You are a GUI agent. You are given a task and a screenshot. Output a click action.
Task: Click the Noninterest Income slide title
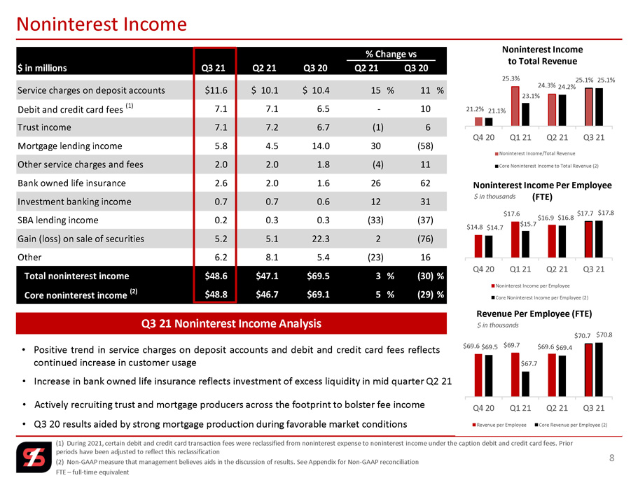point(102,24)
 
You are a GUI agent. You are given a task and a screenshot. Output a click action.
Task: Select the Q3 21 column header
point(213,68)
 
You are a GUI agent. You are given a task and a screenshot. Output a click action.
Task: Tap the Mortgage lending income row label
point(70,146)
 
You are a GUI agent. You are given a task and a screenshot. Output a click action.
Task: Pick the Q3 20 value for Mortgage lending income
point(321,146)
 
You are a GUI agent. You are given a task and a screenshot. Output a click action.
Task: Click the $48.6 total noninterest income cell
point(216,276)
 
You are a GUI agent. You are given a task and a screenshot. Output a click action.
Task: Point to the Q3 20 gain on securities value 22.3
point(321,239)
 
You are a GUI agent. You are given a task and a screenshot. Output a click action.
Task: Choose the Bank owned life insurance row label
point(71,183)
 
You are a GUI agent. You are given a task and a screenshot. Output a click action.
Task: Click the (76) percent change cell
point(425,239)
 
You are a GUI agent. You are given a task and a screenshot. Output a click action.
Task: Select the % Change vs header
point(391,54)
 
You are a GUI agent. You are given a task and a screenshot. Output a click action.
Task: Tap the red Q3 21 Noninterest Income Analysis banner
point(231,323)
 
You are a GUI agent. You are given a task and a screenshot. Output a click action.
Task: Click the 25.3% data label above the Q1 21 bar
point(511,78)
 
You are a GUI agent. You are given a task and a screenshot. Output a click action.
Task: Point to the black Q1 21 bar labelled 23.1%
point(526,114)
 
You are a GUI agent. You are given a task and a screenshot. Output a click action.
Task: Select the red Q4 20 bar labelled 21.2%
point(478,122)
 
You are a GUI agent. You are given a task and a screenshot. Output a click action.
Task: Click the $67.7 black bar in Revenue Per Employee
point(526,384)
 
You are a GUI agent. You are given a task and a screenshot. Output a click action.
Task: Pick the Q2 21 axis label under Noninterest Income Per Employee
point(557,269)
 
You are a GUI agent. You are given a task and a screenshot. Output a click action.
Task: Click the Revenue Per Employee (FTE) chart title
point(534,314)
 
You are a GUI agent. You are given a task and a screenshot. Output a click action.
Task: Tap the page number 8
point(611,458)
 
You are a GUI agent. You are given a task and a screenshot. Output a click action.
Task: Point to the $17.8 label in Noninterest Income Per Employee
point(606,213)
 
